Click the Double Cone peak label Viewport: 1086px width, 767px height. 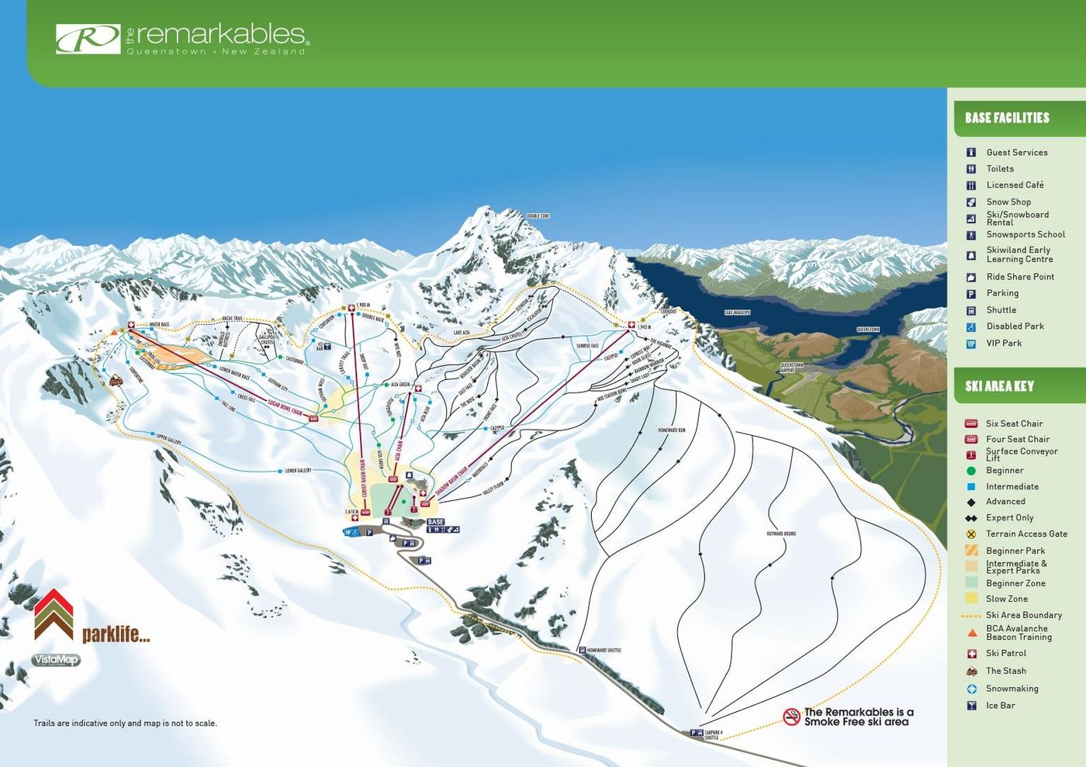538,216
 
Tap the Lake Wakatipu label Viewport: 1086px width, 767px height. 737,313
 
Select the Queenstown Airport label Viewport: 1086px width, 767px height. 792,368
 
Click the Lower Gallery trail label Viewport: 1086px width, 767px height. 298,471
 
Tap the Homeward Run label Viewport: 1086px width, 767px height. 671,430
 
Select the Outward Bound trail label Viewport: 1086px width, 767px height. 780,534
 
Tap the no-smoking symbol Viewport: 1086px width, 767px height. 791,717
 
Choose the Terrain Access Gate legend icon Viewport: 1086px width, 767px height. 970,534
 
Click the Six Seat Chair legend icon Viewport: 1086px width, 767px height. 970,423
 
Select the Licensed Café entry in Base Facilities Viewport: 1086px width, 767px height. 1015,185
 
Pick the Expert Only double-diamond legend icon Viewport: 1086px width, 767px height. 970,518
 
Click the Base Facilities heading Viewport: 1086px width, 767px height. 1007,118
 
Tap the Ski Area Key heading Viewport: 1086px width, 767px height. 999,386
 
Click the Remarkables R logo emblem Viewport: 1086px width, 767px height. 88,39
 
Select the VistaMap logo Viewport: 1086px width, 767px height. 56,660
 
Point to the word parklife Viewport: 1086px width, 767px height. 116,634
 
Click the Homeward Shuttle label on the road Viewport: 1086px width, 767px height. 604,650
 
